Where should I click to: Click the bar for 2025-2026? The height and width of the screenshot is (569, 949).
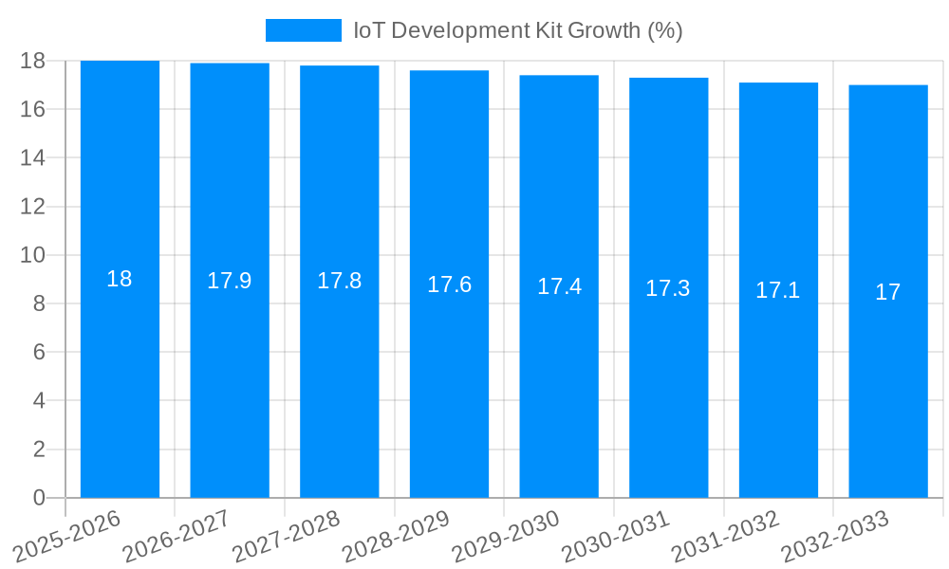coord(120,379)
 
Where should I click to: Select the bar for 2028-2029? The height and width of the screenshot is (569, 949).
coord(449,379)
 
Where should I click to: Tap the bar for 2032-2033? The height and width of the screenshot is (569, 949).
coord(888,379)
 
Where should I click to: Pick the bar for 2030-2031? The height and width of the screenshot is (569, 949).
coord(668,379)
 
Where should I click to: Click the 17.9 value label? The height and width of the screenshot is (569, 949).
coord(229,281)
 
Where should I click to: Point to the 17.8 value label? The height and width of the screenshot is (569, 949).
coord(339,282)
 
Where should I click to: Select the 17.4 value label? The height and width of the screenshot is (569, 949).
coord(559,286)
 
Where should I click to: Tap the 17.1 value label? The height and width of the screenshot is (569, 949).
coord(778,290)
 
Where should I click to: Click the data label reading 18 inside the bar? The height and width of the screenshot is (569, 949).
coord(120,279)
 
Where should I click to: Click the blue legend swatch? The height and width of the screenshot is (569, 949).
coord(303,30)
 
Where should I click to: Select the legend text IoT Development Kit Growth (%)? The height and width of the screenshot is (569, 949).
coord(518,30)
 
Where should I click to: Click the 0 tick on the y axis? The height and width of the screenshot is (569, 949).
coord(39,498)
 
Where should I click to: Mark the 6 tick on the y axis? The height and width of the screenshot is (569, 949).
coord(39,352)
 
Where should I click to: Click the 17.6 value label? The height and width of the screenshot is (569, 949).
coord(449,284)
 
